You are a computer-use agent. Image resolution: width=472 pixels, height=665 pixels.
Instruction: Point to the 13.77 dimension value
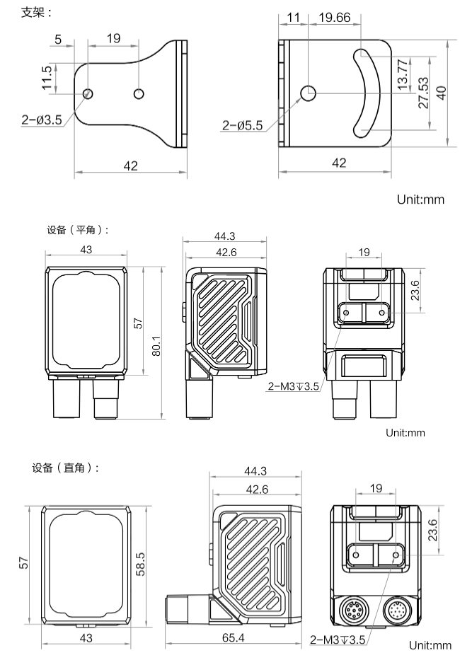403,72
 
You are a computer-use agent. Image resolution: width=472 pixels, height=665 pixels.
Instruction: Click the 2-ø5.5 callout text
243,125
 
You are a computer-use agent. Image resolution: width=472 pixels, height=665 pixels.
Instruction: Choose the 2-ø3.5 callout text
42,120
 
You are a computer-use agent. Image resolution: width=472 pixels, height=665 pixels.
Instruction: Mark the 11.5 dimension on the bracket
47,78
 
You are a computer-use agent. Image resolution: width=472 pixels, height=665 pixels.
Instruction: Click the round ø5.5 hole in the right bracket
309,93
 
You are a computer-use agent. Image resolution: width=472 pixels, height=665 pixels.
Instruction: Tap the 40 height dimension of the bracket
442,92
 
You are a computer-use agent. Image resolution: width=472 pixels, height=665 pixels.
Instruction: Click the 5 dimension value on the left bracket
58,38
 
